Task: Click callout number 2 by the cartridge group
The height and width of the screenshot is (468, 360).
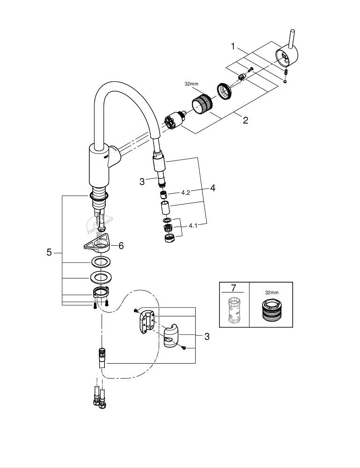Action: [245, 120]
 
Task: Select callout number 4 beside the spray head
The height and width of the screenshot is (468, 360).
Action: [213, 188]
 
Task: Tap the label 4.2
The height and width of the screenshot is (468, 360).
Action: [185, 192]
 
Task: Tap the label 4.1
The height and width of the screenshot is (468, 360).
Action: [193, 226]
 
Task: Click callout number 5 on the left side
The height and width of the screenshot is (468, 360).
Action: [49, 252]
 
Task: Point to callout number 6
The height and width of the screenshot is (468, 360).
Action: [121, 245]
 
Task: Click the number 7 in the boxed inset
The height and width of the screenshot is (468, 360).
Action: [234, 288]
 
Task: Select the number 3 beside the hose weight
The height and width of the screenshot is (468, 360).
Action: [206, 336]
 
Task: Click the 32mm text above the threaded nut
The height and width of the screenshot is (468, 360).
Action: [192, 85]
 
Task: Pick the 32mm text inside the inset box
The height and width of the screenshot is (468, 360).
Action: [272, 292]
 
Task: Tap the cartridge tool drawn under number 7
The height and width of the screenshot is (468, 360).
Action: [234, 309]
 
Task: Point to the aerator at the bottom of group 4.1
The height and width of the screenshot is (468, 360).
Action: [167, 238]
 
